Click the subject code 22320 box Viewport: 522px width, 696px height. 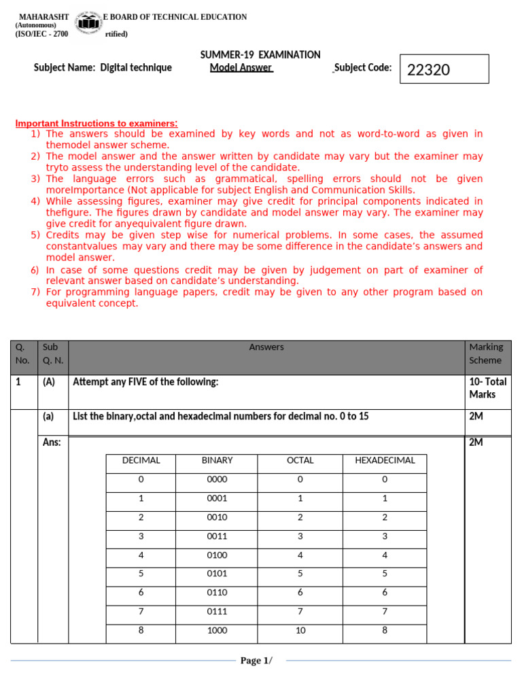pyautogui.click(x=444, y=69)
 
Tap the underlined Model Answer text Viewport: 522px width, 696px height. pyautogui.click(x=241, y=67)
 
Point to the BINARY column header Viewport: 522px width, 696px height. pyautogui.click(x=217, y=460)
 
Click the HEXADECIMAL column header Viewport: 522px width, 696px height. pyautogui.click(x=385, y=460)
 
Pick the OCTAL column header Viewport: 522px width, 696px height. pyautogui.click(x=300, y=460)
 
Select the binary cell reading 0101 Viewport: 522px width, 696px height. pyautogui.click(x=217, y=573)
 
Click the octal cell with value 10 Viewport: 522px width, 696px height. pyautogui.click(x=300, y=630)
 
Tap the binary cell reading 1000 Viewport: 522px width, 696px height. pyautogui.click(x=217, y=630)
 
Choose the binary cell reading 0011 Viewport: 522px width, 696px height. pyautogui.click(x=217, y=536)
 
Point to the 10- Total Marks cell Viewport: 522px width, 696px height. pyautogui.click(x=487, y=388)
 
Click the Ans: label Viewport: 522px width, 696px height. pyautogui.click(x=52, y=442)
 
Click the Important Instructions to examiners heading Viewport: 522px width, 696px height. pyautogui.click(x=97, y=123)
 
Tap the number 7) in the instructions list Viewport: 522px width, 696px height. pyautogui.click(x=35, y=292)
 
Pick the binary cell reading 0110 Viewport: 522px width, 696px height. pyautogui.click(x=217, y=592)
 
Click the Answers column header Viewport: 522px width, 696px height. pyautogui.click(x=266, y=347)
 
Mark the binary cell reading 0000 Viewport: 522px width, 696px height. pyautogui.click(x=217, y=479)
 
